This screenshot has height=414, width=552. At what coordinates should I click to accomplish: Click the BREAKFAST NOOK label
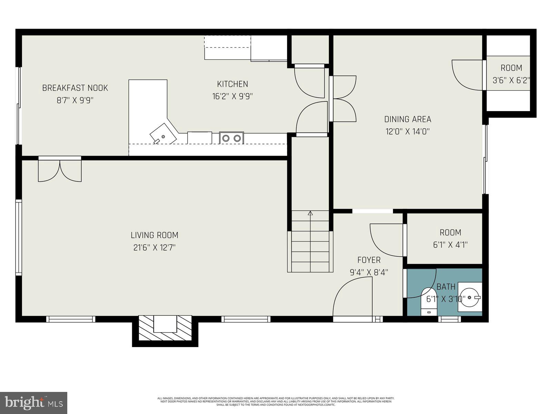pos(75,88)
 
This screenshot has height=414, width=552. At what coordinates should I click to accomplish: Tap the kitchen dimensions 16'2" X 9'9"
pos(232,96)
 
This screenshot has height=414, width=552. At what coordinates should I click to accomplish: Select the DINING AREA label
pos(407,119)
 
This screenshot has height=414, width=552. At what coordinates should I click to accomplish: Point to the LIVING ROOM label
pos(154,235)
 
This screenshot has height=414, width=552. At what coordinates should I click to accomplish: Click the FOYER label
pos(369,260)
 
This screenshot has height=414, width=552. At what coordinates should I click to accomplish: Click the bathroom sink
pos(470,297)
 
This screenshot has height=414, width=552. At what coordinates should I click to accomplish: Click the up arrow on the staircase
pos(310,213)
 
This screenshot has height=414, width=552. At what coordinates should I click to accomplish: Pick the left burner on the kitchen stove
pos(226,138)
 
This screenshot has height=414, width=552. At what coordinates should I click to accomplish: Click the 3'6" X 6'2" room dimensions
pos(511,80)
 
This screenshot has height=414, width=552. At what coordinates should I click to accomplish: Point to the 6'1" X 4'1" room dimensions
pos(450,245)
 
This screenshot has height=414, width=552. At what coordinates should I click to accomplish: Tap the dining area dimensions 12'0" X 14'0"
pos(407,131)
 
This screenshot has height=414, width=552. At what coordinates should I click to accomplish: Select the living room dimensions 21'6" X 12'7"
pos(154,248)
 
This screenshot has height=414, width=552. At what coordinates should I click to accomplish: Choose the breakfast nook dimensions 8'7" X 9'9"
pos(75,100)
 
